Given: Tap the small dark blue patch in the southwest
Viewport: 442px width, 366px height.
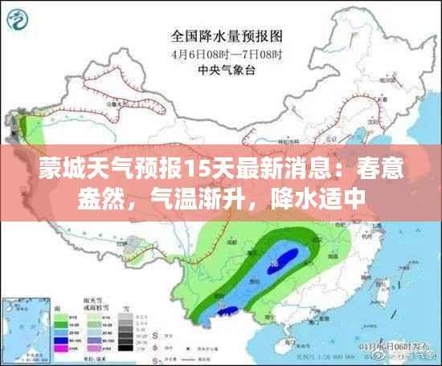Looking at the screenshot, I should [x=228, y=310].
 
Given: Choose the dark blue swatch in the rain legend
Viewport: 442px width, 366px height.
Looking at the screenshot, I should [x=60, y=338].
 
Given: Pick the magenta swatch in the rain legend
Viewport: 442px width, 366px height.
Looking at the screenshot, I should [x=60, y=349].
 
